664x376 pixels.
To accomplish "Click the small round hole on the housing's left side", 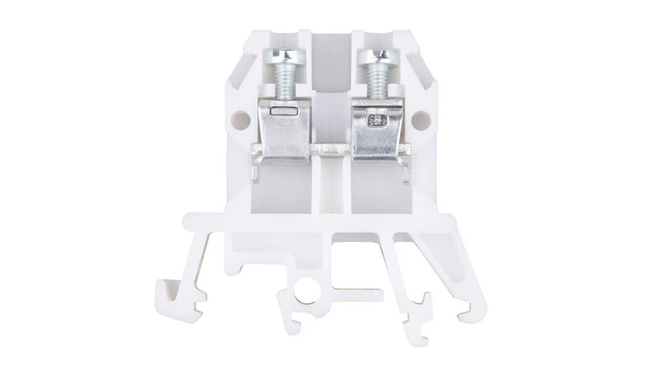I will pyautogui.click(x=243, y=118).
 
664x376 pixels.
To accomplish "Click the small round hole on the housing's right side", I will pyautogui.click(x=423, y=118).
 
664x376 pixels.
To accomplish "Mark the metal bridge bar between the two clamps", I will pyautogui.click(x=332, y=149).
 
